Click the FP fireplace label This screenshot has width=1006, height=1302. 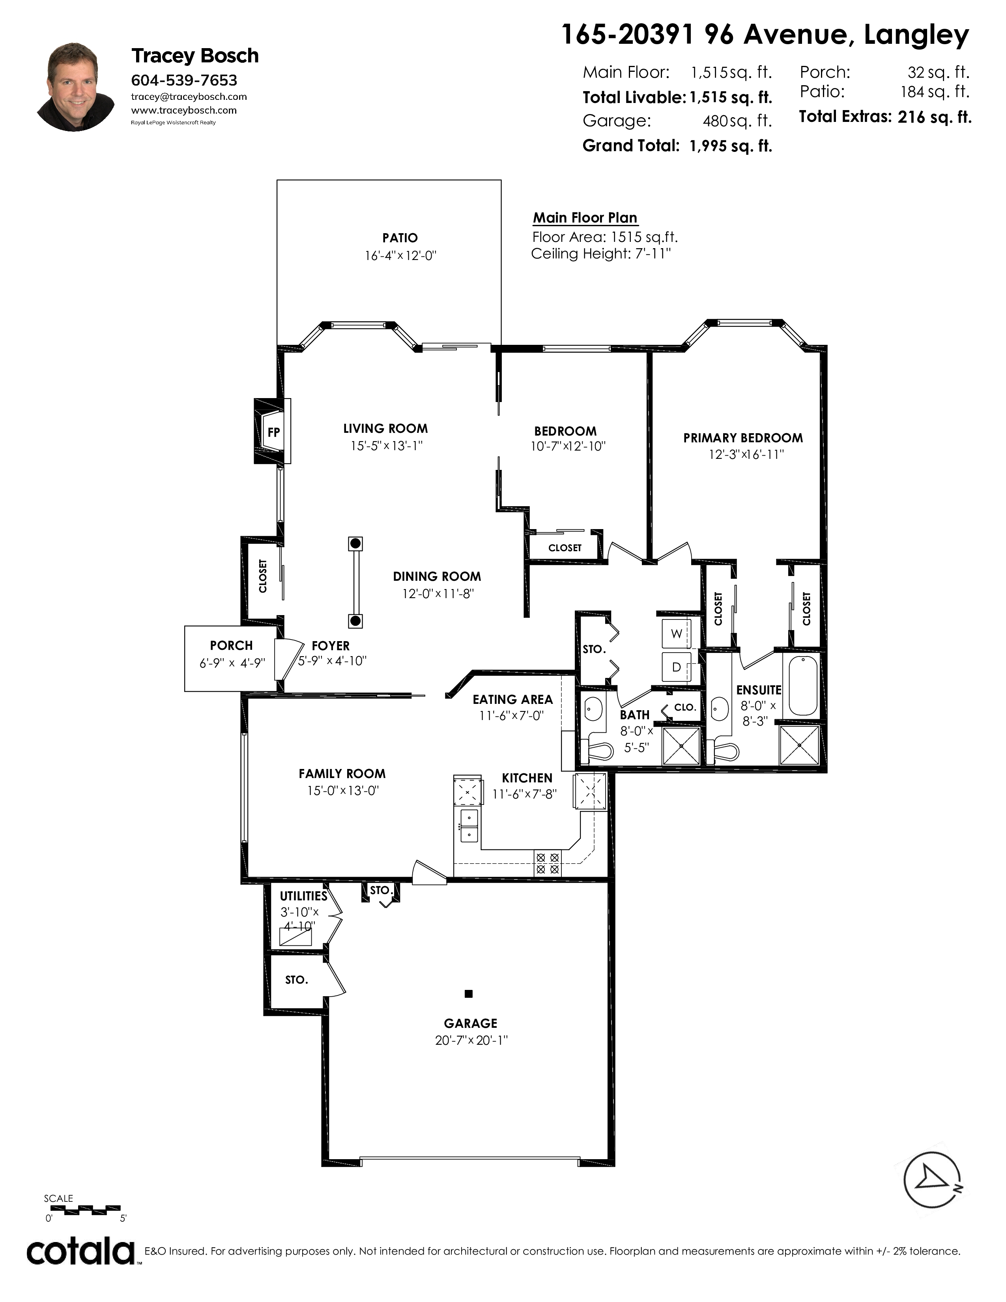click(273, 432)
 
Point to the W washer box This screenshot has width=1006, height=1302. click(677, 634)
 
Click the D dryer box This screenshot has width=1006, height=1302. click(677, 667)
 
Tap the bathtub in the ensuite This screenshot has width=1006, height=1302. click(803, 685)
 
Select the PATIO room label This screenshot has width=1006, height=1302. click(400, 238)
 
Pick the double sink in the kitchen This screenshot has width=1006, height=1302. click(468, 826)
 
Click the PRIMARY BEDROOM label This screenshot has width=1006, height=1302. click(743, 438)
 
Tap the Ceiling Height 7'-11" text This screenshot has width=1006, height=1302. click(601, 254)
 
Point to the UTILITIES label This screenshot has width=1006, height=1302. click(303, 896)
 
